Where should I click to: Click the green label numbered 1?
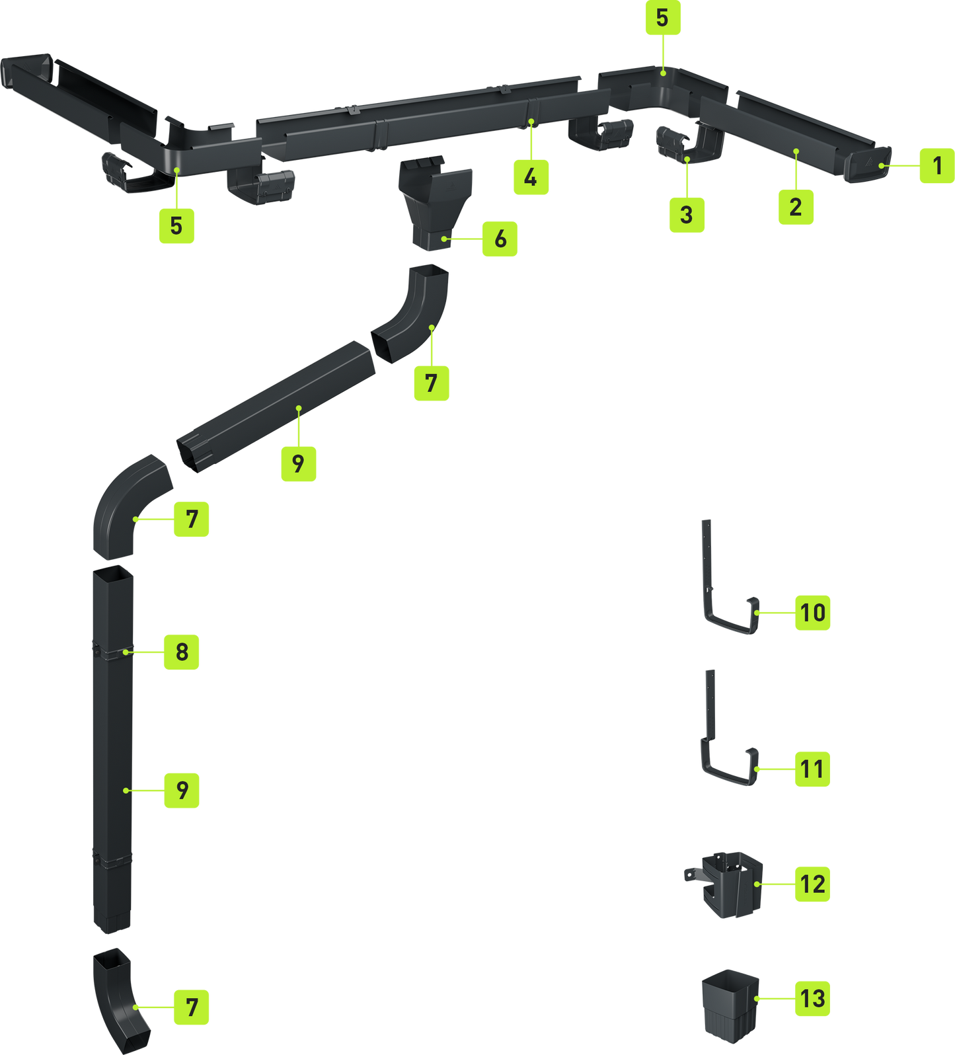click(936, 165)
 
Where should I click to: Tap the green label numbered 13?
click(812, 998)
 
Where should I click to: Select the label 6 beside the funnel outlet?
click(500, 239)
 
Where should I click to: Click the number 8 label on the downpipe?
click(182, 652)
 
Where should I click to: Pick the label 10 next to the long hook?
click(812, 612)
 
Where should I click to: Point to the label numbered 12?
click(812, 884)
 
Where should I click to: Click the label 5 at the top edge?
click(663, 18)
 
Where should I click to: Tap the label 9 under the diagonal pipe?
click(299, 463)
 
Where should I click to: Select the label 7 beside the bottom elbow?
click(192, 1007)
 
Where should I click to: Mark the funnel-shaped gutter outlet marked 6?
click(436, 202)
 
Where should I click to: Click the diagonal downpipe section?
click(276, 407)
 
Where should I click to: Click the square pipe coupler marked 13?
click(730, 1006)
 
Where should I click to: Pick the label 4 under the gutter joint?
click(531, 176)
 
